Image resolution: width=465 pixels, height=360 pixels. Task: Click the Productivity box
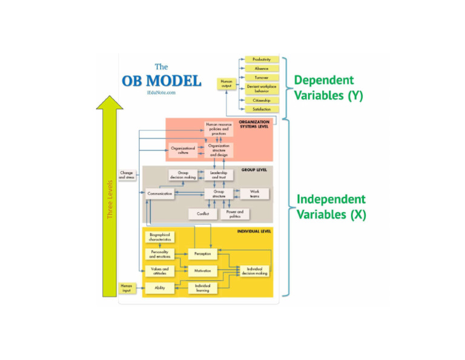tap(262, 59)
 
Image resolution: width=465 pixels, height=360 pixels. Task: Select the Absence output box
tap(262, 68)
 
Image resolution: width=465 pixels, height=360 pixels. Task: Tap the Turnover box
tap(262, 78)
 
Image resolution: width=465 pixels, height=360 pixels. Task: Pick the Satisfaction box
tap(262, 108)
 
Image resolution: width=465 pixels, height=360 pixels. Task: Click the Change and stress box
tap(127, 175)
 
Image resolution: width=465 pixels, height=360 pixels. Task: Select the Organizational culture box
tap(183, 150)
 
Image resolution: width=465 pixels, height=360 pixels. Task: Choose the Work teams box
tap(254, 194)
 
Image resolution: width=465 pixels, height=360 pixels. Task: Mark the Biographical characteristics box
tap(160, 237)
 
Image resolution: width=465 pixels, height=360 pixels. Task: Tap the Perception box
tap(202, 253)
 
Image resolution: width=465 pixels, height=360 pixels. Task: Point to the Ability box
tap(160, 288)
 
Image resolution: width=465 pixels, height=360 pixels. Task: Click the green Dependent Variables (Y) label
tap(328, 88)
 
